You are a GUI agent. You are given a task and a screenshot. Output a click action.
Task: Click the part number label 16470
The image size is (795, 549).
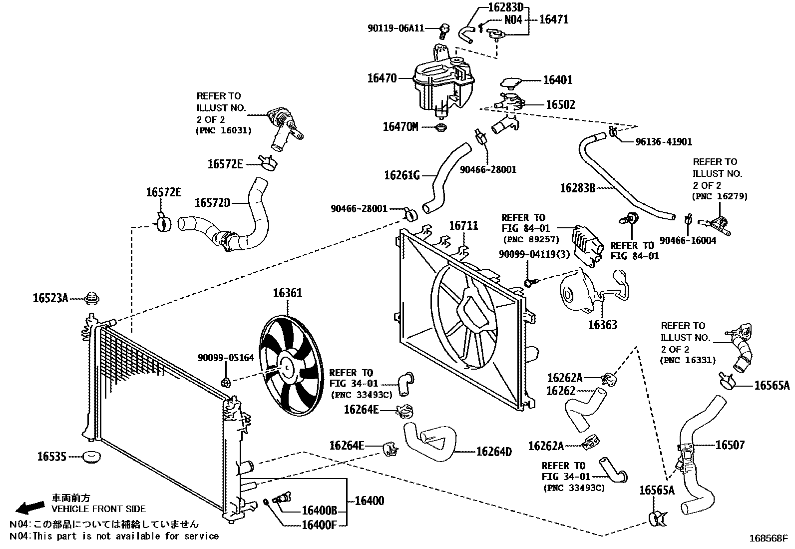click(x=382, y=78)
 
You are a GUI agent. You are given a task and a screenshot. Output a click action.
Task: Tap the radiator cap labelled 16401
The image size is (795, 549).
click(x=511, y=82)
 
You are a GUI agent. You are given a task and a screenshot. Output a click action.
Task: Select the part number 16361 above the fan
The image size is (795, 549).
click(x=287, y=293)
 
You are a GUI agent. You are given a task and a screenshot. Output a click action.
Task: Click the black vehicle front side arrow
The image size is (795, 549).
click(x=29, y=508)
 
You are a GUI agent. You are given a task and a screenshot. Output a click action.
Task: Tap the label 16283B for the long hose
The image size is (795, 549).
click(x=577, y=188)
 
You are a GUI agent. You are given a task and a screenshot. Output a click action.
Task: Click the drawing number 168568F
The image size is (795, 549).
click(x=769, y=539)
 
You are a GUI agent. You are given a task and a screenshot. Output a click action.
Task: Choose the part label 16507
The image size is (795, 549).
click(x=730, y=445)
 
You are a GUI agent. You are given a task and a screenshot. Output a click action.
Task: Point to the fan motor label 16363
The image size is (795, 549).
click(x=602, y=325)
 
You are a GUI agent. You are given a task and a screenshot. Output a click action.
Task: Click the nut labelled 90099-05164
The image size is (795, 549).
click(x=225, y=383)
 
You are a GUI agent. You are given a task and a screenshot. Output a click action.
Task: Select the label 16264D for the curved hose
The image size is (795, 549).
click(x=493, y=452)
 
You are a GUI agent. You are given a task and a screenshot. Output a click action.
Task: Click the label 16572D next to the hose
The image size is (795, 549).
click(x=212, y=202)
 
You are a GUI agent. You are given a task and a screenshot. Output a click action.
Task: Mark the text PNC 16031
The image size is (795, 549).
click(x=223, y=131)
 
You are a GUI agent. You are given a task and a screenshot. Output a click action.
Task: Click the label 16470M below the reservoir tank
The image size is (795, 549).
click(x=400, y=126)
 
